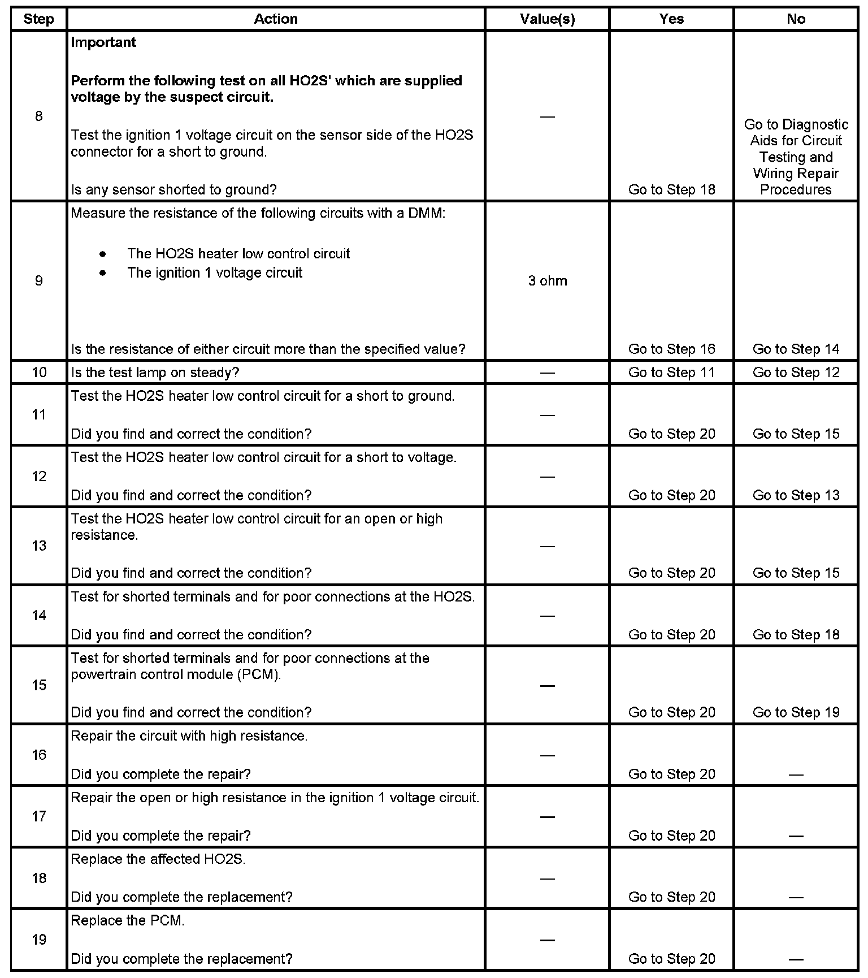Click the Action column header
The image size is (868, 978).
[x=276, y=19]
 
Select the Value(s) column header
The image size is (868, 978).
[x=547, y=19]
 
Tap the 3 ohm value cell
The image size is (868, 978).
[x=547, y=281]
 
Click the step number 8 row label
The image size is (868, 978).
[x=38, y=116]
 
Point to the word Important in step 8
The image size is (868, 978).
[x=103, y=42]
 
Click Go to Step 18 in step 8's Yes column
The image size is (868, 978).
[x=671, y=190]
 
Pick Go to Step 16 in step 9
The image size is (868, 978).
[x=671, y=349]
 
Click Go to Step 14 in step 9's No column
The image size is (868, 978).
[x=796, y=349]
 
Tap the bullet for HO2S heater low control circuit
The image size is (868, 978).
[x=102, y=254]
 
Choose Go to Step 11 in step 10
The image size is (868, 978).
[x=671, y=373]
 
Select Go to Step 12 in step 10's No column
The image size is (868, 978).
[x=796, y=373]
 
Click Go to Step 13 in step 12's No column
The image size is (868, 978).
[x=796, y=496]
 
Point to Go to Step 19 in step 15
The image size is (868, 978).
[x=796, y=712]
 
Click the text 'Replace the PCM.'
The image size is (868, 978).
[x=128, y=921]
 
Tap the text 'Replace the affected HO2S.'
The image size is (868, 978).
[x=158, y=859]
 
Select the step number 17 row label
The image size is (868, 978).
[x=38, y=816]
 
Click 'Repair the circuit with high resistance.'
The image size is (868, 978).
[x=189, y=736]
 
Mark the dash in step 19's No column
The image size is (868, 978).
[x=796, y=959]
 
